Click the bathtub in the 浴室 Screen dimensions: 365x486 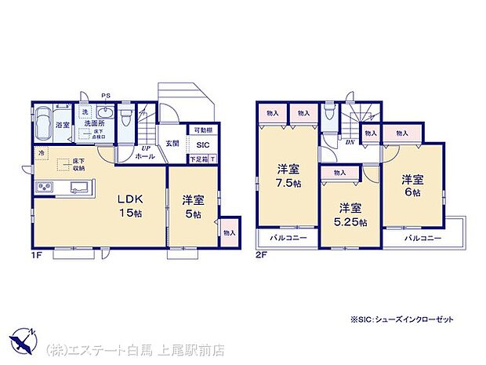[42, 122]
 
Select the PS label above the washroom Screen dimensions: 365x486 [106, 98]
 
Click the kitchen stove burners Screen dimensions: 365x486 [44, 188]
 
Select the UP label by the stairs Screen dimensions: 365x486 [145, 148]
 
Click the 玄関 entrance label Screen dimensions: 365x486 [172, 143]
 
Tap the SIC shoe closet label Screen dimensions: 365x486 [202, 145]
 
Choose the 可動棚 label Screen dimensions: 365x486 [201, 131]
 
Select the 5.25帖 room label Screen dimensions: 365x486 [350, 215]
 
